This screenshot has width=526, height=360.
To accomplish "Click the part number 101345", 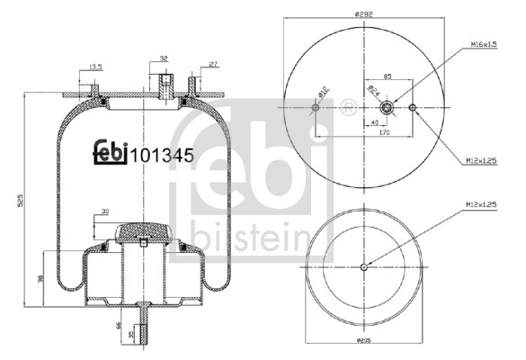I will pos(163,154).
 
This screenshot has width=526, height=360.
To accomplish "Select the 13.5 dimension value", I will pos(95,66).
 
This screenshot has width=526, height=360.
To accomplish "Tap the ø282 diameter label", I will pos(364,13).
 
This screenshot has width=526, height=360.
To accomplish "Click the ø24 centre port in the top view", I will pos(388,108).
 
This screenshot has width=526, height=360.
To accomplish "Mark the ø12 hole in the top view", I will pos(316,108).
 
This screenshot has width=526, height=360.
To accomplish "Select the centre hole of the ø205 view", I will pos(364,266).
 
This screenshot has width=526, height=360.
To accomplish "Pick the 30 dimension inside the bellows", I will pos(105,211).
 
